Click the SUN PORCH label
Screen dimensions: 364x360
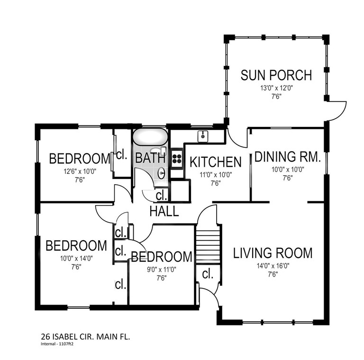[276, 75]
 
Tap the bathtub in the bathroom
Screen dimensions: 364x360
[150, 137]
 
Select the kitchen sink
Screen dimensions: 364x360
[203, 136]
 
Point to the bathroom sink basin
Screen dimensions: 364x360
[162, 173]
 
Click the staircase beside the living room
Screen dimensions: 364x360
[208, 245]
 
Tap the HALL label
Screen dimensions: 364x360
[164, 211]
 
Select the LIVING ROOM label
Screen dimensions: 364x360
[273, 253]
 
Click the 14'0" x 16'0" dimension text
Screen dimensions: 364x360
[273, 266]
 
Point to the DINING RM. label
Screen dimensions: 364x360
[288, 157]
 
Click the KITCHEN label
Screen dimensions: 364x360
[216, 162]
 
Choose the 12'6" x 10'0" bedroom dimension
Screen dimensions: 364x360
[80, 171]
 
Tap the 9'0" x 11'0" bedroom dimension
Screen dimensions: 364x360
[162, 270]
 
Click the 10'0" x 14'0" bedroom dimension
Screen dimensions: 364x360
[76, 259]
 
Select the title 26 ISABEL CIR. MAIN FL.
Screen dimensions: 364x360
[85, 337]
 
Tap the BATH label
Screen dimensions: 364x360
[150, 158]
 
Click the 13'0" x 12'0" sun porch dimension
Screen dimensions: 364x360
[276, 88]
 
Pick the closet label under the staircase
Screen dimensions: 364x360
[208, 274]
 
